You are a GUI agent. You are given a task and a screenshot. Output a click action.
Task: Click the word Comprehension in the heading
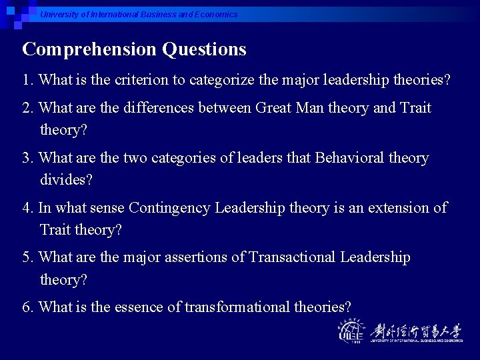(89, 50)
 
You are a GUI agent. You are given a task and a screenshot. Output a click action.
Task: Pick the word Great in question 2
(275, 108)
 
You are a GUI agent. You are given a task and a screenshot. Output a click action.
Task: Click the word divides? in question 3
(66, 180)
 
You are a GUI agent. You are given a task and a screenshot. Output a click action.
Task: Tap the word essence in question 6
(135, 307)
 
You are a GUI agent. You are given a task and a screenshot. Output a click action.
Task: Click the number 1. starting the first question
(28, 81)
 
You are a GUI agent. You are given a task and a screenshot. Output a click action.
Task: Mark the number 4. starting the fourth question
(28, 208)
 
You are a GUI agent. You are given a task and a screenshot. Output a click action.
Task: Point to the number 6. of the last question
(28, 307)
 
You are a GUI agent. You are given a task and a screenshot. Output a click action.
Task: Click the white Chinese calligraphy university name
(415, 329)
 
